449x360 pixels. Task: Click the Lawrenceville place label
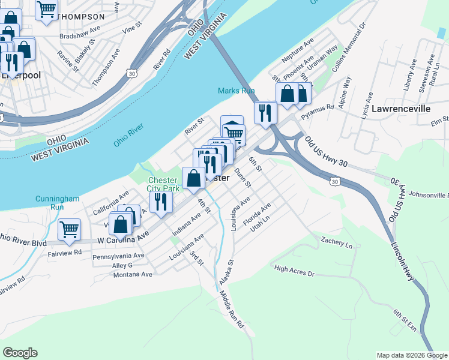[x=401, y=109]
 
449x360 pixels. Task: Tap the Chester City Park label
[x=163, y=184]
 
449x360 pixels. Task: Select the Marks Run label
[x=236, y=91]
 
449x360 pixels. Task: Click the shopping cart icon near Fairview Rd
[x=70, y=230]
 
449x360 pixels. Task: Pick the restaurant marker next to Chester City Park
[x=160, y=201]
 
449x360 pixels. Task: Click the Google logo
[x=20, y=353]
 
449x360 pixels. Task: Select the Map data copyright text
[x=411, y=355]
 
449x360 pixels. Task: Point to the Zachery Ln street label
[x=337, y=242]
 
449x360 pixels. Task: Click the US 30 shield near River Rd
[x=130, y=73]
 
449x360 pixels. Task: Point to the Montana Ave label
[x=133, y=274]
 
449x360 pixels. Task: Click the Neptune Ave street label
[x=298, y=52]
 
